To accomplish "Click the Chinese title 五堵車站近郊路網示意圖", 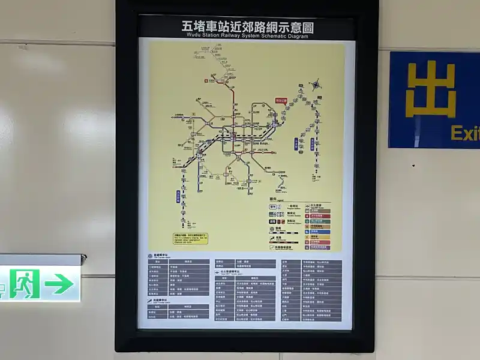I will tap(247, 26).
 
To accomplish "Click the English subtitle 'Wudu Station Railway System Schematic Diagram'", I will tap(247, 36).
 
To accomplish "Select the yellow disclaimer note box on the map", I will tap(190, 238).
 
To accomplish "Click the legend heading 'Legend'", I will tap(274, 199).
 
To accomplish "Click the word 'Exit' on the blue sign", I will tap(465, 133).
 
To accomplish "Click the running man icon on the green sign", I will tap(24, 284).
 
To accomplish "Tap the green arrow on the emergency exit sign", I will tap(59, 284).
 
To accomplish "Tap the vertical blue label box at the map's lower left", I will tap(178, 196).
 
